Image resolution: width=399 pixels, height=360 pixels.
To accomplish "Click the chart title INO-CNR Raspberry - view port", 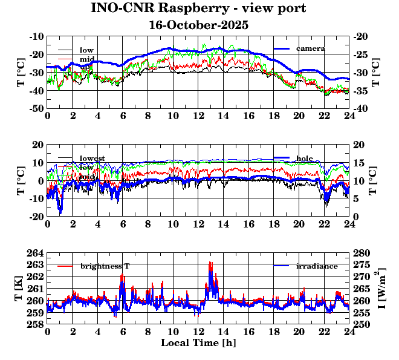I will tap(198, 8).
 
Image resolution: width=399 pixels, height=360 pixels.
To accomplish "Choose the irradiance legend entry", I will tap(317, 266).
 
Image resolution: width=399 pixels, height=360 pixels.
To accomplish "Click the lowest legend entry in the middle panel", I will tap(92, 159).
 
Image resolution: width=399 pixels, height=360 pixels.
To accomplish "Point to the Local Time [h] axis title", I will tap(198, 342).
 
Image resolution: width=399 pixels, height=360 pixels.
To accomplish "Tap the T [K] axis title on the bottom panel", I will tap(19, 289).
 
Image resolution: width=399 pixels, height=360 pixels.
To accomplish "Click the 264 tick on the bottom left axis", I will tap(36, 253).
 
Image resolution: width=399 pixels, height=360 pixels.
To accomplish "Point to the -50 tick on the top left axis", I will tap(35, 108).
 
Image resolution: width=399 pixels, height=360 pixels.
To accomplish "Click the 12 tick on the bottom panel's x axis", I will tap(198, 332).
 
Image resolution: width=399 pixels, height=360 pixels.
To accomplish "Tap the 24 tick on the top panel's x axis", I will tap(349, 116).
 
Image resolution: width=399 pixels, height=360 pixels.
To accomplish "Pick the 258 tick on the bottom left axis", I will tap(36, 324).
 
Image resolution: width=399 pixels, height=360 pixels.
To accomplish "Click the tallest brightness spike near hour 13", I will tap(210, 263).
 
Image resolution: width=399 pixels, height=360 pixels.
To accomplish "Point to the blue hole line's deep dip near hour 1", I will tap(60, 211).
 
